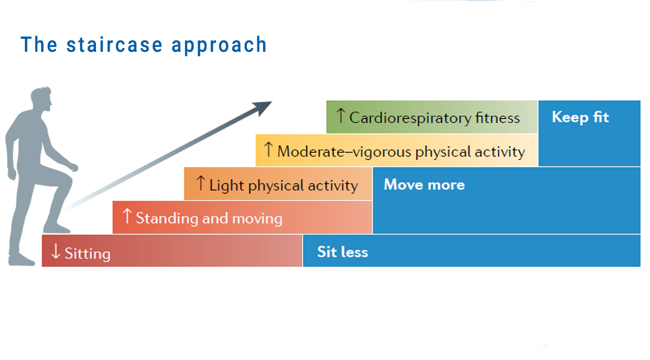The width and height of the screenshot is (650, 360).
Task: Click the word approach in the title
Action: tap(219, 46)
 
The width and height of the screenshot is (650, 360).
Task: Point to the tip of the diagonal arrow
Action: tap(270, 103)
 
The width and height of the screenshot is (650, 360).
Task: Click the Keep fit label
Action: tap(580, 117)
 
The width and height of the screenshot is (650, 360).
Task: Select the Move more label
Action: tap(424, 184)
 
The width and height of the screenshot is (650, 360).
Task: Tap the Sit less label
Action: tap(342, 252)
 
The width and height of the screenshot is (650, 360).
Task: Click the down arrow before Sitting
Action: tap(56, 251)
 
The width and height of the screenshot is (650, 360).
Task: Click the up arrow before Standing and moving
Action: tap(127, 217)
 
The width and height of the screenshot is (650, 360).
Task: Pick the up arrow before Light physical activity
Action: tap(201, 183)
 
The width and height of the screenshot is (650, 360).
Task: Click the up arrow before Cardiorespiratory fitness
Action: tap(341, 116)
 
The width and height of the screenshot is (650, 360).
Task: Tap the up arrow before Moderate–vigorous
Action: tap(269, 150)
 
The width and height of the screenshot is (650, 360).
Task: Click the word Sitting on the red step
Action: tap(87, 253)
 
